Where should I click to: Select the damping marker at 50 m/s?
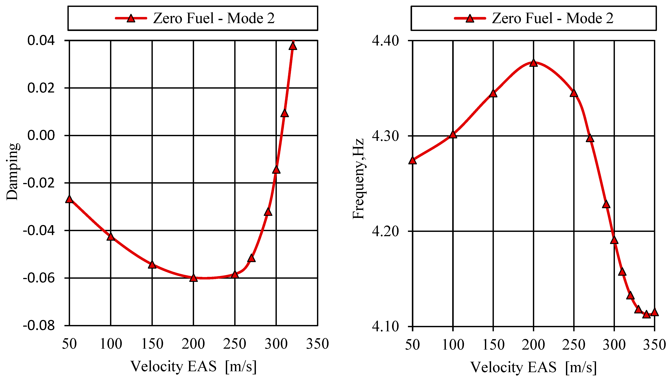69,199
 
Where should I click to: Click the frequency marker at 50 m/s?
413,160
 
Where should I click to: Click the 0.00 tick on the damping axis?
41,135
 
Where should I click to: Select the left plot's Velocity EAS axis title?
193,366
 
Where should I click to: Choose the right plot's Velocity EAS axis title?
533,367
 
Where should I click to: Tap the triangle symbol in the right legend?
470,18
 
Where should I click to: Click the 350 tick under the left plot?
317,344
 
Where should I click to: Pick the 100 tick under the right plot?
453,345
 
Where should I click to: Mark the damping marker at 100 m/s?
111,237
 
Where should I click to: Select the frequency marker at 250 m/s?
574,93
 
